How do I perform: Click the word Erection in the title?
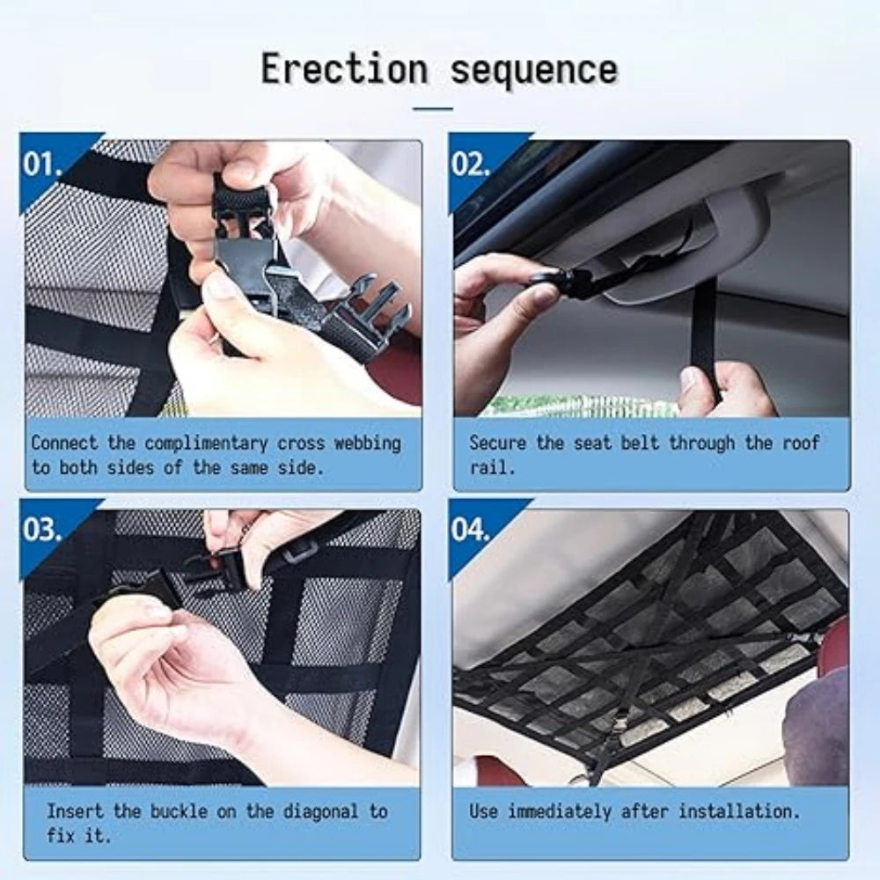345,69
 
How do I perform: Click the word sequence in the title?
534,70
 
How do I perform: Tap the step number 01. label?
42,164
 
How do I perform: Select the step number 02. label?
470,164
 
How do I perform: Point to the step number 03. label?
42,529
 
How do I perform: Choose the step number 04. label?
470,529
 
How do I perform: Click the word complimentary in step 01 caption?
206,444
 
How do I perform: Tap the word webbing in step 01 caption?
368,443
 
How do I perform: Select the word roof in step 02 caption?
802,443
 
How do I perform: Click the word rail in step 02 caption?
489,467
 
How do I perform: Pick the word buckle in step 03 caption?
179,811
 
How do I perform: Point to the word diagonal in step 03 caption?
320,812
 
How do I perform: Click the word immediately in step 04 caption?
560,812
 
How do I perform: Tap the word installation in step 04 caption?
739,811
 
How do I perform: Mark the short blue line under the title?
433,108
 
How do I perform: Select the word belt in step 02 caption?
640,443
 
